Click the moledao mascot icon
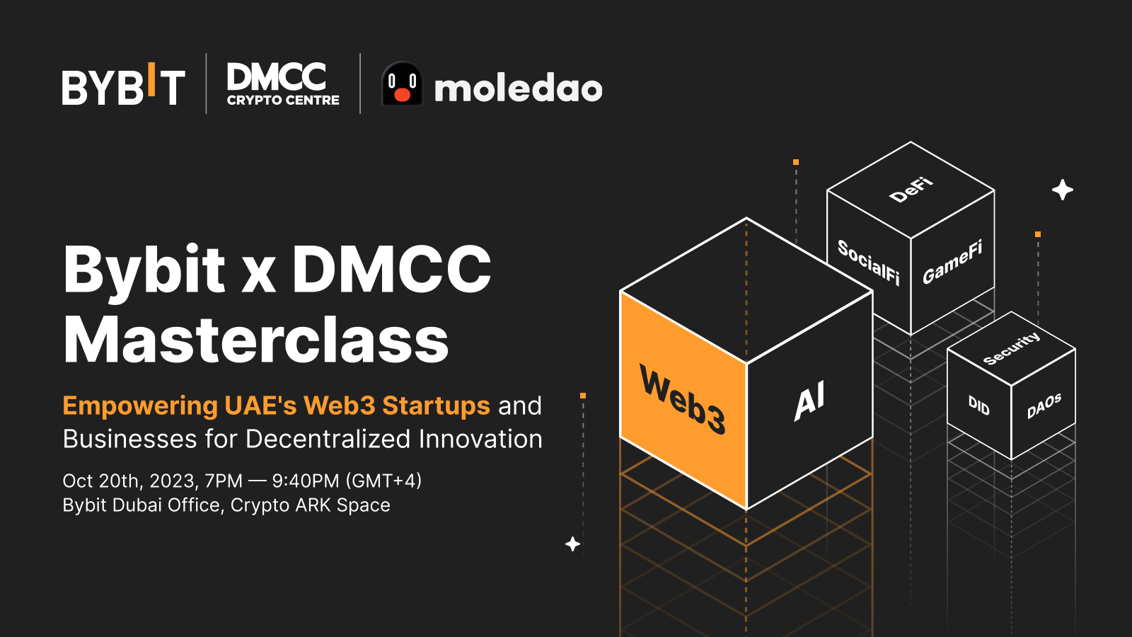point(402,84)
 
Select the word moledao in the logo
point(518,88)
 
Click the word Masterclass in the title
point(256,340)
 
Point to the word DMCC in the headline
point(391,270)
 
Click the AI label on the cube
point(809,401)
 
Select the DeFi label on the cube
point(911,190)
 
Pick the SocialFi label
point(868,263)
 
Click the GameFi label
point(952,263)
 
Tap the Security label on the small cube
point(1012,348)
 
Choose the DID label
point(979,405)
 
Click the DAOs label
point(1044,406)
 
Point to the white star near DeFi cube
point(1062,190)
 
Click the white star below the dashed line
point(573,544)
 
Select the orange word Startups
point(436,406)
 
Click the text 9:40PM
point(306,481)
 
